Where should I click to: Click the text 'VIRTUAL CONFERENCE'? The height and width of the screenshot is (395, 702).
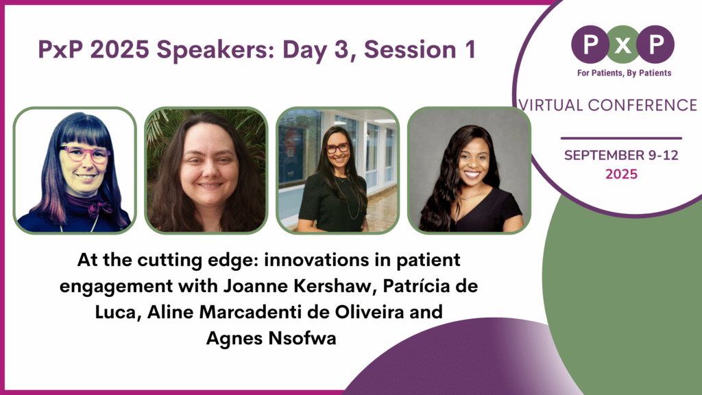608,105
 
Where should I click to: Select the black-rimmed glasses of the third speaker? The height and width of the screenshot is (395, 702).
337,147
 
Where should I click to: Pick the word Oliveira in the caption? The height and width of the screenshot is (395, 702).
353,312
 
